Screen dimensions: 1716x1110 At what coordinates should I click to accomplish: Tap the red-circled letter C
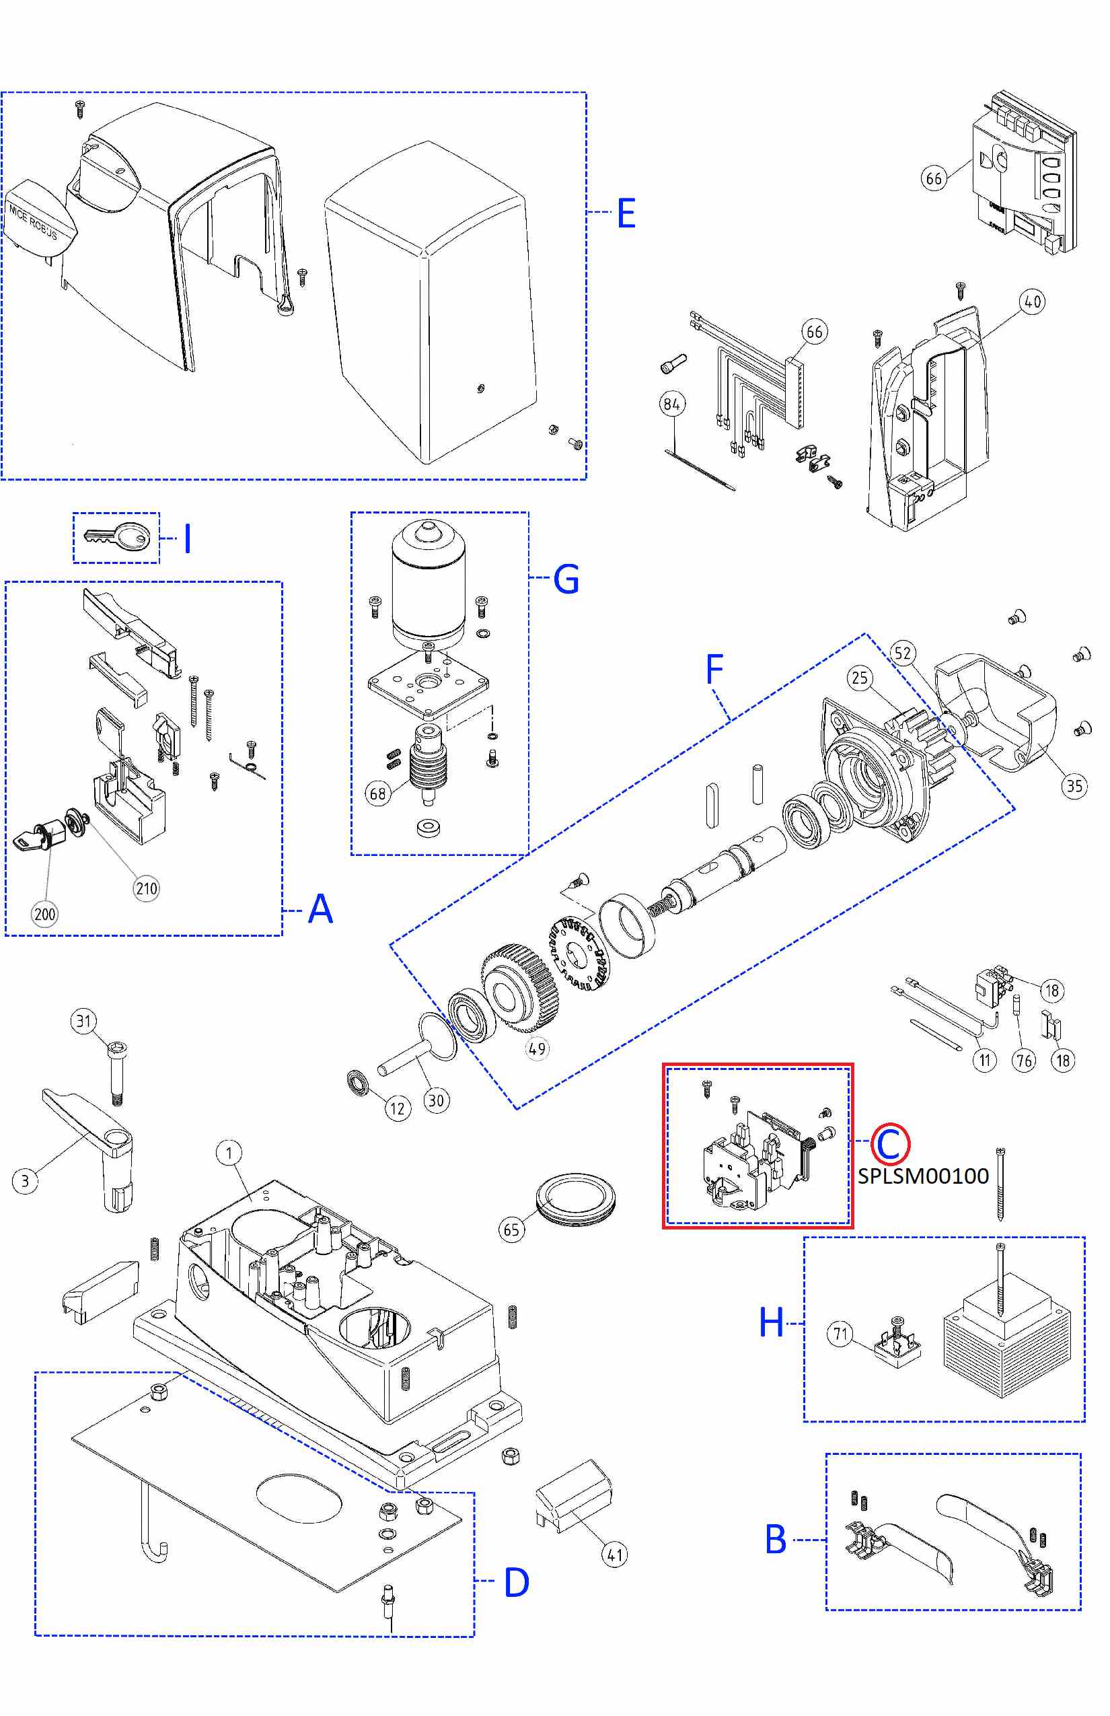click(890, 1143)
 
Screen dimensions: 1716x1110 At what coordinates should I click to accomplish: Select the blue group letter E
click(626, 213)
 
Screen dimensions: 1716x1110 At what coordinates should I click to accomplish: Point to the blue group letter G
click(566, 579)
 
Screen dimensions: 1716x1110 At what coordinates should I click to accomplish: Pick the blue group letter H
click(771, 1322)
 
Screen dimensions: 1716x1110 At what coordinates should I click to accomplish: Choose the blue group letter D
click(516, 1582)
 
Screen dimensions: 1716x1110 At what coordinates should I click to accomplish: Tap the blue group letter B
click(775, 1540)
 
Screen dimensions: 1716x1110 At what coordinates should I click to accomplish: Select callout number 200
click(44, 915)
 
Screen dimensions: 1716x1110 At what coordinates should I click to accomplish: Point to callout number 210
click(147, 888)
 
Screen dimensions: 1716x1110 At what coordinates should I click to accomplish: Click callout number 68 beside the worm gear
click(377, 794)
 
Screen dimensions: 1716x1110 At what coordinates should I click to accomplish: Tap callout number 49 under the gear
click(537, 1048)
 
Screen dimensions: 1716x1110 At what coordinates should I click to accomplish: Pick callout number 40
click(1032, 301)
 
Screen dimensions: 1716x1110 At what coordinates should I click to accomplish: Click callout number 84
click(672, 404)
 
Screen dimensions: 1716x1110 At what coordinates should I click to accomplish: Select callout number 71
click(840, 1334)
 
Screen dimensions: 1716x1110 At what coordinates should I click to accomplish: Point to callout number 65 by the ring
click(511, 1230)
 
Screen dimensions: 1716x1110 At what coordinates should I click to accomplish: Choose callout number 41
click(614, 1554)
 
